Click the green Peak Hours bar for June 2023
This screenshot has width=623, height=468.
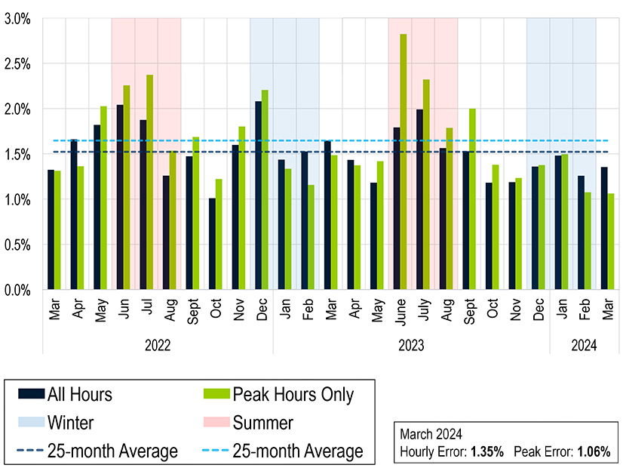(x=404, y=162)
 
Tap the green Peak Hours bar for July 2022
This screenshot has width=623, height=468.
(x=150, y=182)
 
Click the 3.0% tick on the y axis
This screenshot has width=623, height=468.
(x=17, y=19)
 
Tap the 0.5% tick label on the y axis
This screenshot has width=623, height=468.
(x=17, y=245)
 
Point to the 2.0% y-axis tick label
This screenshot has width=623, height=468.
(x=17, y=109)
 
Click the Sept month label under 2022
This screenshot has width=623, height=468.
(x=192, y=310)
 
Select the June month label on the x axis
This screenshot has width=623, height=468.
(x=400, y=310)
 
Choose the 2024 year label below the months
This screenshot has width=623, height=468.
(x=583, y=345)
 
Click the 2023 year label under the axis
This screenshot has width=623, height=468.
(x=411, y=345)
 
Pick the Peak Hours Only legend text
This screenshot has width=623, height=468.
(x=293, y=393)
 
